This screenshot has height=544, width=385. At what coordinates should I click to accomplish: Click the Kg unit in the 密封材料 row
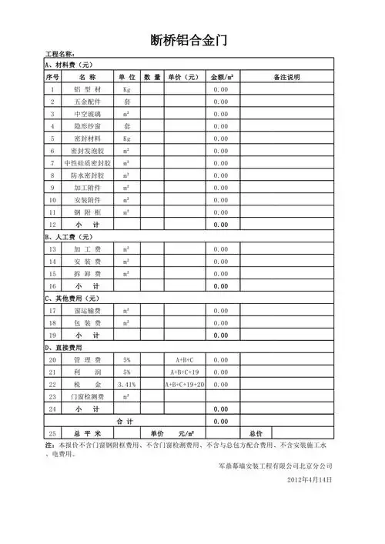tap(127, 139)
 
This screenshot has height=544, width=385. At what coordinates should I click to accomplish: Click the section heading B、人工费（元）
tap(69, 237)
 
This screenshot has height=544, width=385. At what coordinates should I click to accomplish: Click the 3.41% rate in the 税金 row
tap(127, 384)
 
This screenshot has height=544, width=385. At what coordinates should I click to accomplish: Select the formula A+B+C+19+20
tap(185, 384)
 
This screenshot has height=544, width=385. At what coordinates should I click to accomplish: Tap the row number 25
tap(52, 433)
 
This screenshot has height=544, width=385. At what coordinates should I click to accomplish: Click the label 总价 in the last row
tap(256, 433)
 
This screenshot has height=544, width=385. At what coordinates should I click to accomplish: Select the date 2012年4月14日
tap(308, 479)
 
